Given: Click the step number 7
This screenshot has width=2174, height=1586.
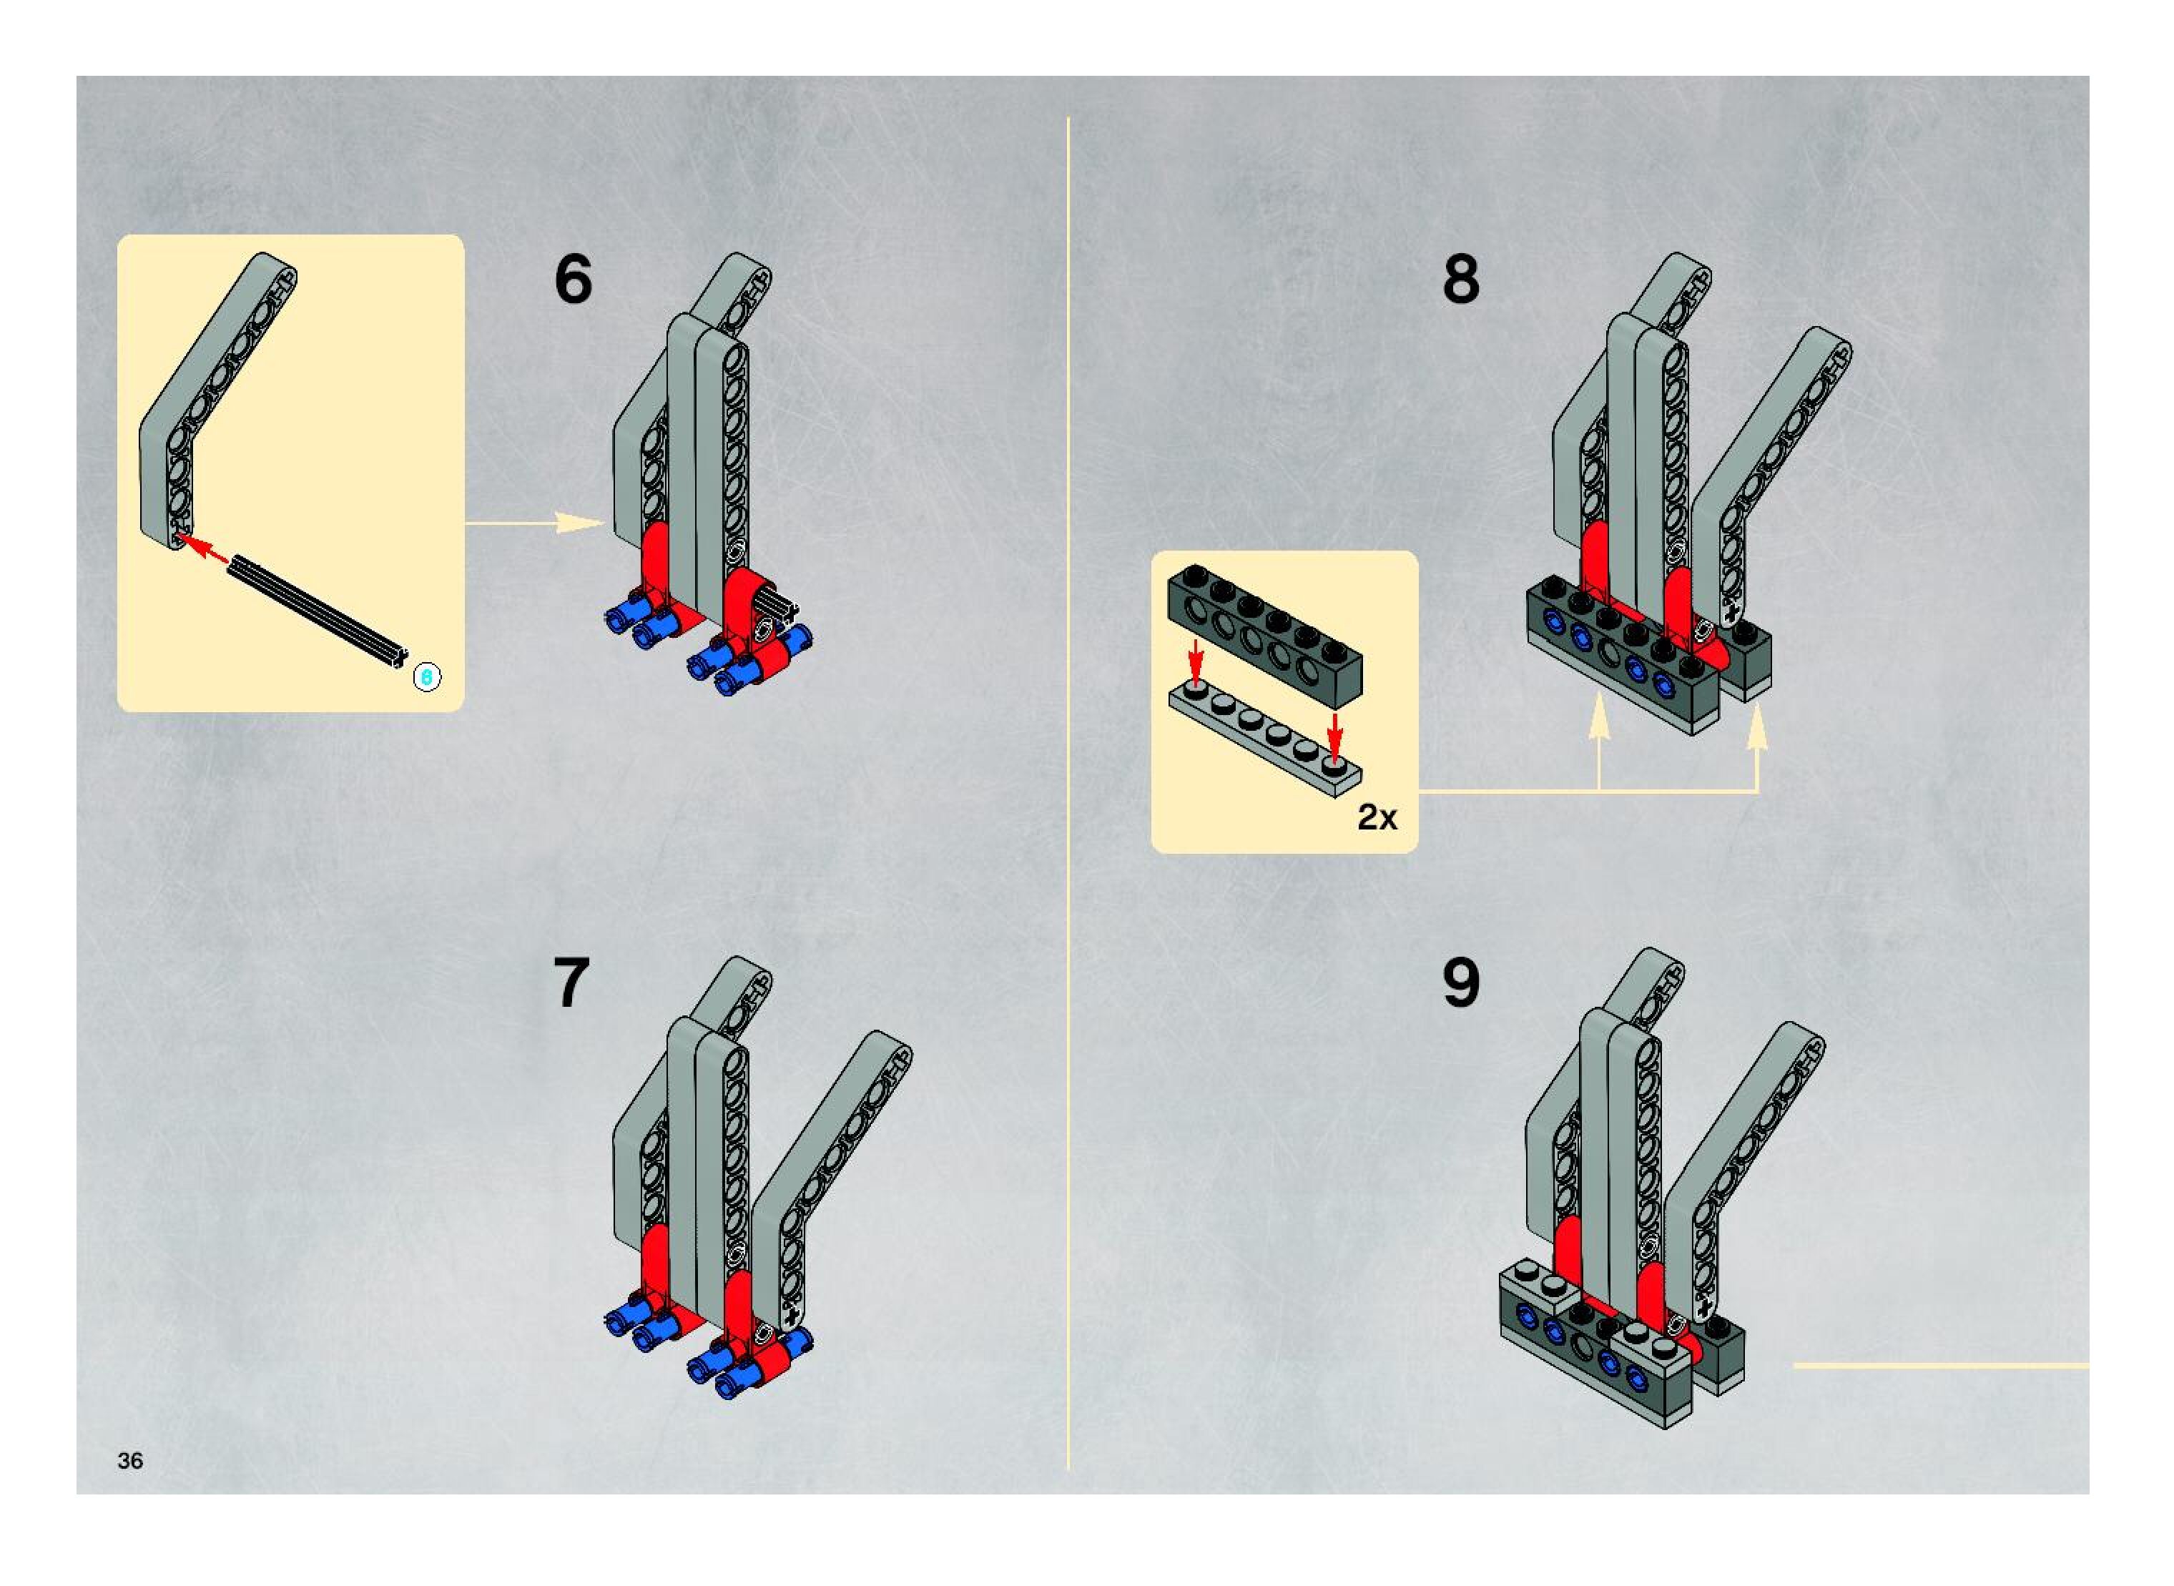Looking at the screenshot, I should point(571,983).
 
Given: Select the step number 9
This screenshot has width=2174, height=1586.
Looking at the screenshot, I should point(1460,983).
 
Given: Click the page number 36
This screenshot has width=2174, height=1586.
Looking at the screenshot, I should point(129,1460).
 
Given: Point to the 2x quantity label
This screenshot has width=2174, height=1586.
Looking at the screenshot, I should point(1377,817).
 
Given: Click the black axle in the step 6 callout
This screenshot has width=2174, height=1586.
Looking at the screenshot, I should point(317,611).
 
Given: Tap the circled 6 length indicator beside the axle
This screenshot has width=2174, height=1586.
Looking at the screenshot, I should point(426,677).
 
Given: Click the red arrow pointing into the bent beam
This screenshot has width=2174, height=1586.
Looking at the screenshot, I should point(204,549).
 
